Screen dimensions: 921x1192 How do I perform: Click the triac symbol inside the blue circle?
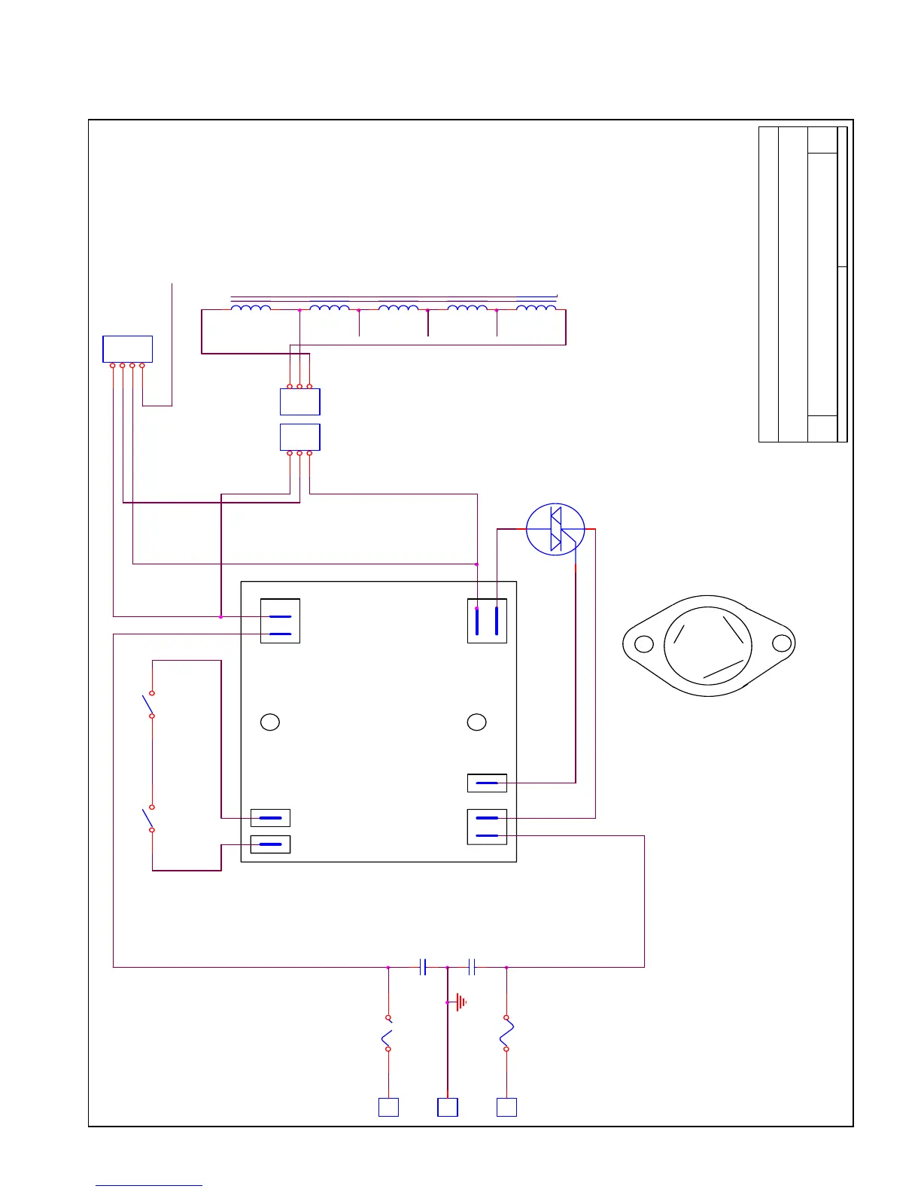(x=555, y=530)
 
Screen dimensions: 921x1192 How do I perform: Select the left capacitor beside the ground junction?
(x=423, y=967)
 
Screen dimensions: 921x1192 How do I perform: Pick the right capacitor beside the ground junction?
(x=472, y=967)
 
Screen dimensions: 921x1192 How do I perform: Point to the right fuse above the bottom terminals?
(x=506, y=1033)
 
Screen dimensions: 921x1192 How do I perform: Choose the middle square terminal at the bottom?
(x=448, y=1107)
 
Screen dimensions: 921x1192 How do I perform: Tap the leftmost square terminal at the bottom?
(x=388, y=1107)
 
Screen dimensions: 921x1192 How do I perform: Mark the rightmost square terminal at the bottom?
(x=507, y=1107)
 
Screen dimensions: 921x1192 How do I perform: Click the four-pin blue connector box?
(x=127, y=349)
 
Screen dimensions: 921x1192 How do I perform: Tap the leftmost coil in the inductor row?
(x=251, y=308)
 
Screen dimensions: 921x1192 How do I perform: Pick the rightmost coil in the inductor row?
(x=536, y=308)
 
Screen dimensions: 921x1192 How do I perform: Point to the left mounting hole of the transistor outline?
(x=644, y=644)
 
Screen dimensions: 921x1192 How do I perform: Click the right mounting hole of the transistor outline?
(x=782, y=643)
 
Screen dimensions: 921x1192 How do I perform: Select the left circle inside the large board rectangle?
(x=270, y=722)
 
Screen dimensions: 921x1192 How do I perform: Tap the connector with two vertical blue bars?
(x=487, y=621)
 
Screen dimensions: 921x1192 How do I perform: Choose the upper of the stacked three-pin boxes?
(x=299, y=402)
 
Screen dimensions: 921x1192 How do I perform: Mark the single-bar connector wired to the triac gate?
(x=487, y=783)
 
